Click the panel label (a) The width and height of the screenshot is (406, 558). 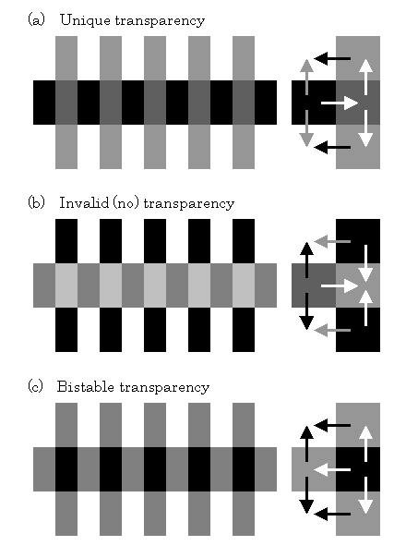[x=36, y=20]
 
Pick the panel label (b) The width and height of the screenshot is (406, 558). [x=36, y=203]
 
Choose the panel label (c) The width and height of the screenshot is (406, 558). [x=36, y=386]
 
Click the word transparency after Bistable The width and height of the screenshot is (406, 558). [x=164, y=387]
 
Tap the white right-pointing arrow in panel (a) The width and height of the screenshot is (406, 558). [x=340, y=103]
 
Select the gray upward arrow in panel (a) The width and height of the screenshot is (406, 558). [x=306, y=77]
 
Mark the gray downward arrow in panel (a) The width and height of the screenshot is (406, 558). [x=306, y=128]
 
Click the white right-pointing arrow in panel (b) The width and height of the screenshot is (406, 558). [x=340, y=286]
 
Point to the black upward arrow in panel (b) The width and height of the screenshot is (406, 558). [x=306, y=260]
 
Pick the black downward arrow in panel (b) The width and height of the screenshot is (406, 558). [x=306, y=311]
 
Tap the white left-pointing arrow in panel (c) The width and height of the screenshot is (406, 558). [x=332, y=469]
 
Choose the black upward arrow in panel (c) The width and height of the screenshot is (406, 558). [x=306, y=443]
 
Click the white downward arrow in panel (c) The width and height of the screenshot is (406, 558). [x=365, y=495]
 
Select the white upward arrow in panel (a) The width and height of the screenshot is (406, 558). [x=365, y=77]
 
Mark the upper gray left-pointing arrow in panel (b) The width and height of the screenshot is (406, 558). [x=332, y=242]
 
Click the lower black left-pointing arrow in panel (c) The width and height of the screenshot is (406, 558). [x=332, y=514]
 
